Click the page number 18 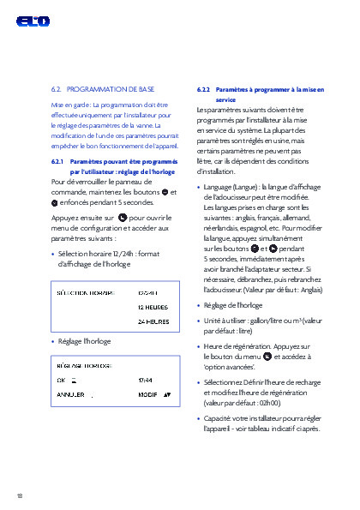(x=19, y=495)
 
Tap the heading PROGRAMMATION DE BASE (x=111, y=87)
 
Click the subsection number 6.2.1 (x=57, y=160)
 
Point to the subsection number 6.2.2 (x=203, y=89)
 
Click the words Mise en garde (x=69, y=104)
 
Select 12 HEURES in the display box (x=153, y=306)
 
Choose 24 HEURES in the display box (x=153, y=321)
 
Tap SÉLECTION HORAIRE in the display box (x=86, y=292)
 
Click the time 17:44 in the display (x=146, y=378)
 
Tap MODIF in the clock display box (x=147, y=394)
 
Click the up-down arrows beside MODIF (x=167, y=394)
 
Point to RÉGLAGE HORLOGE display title (x=85, y=363)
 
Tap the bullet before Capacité (x=199, y=418)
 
